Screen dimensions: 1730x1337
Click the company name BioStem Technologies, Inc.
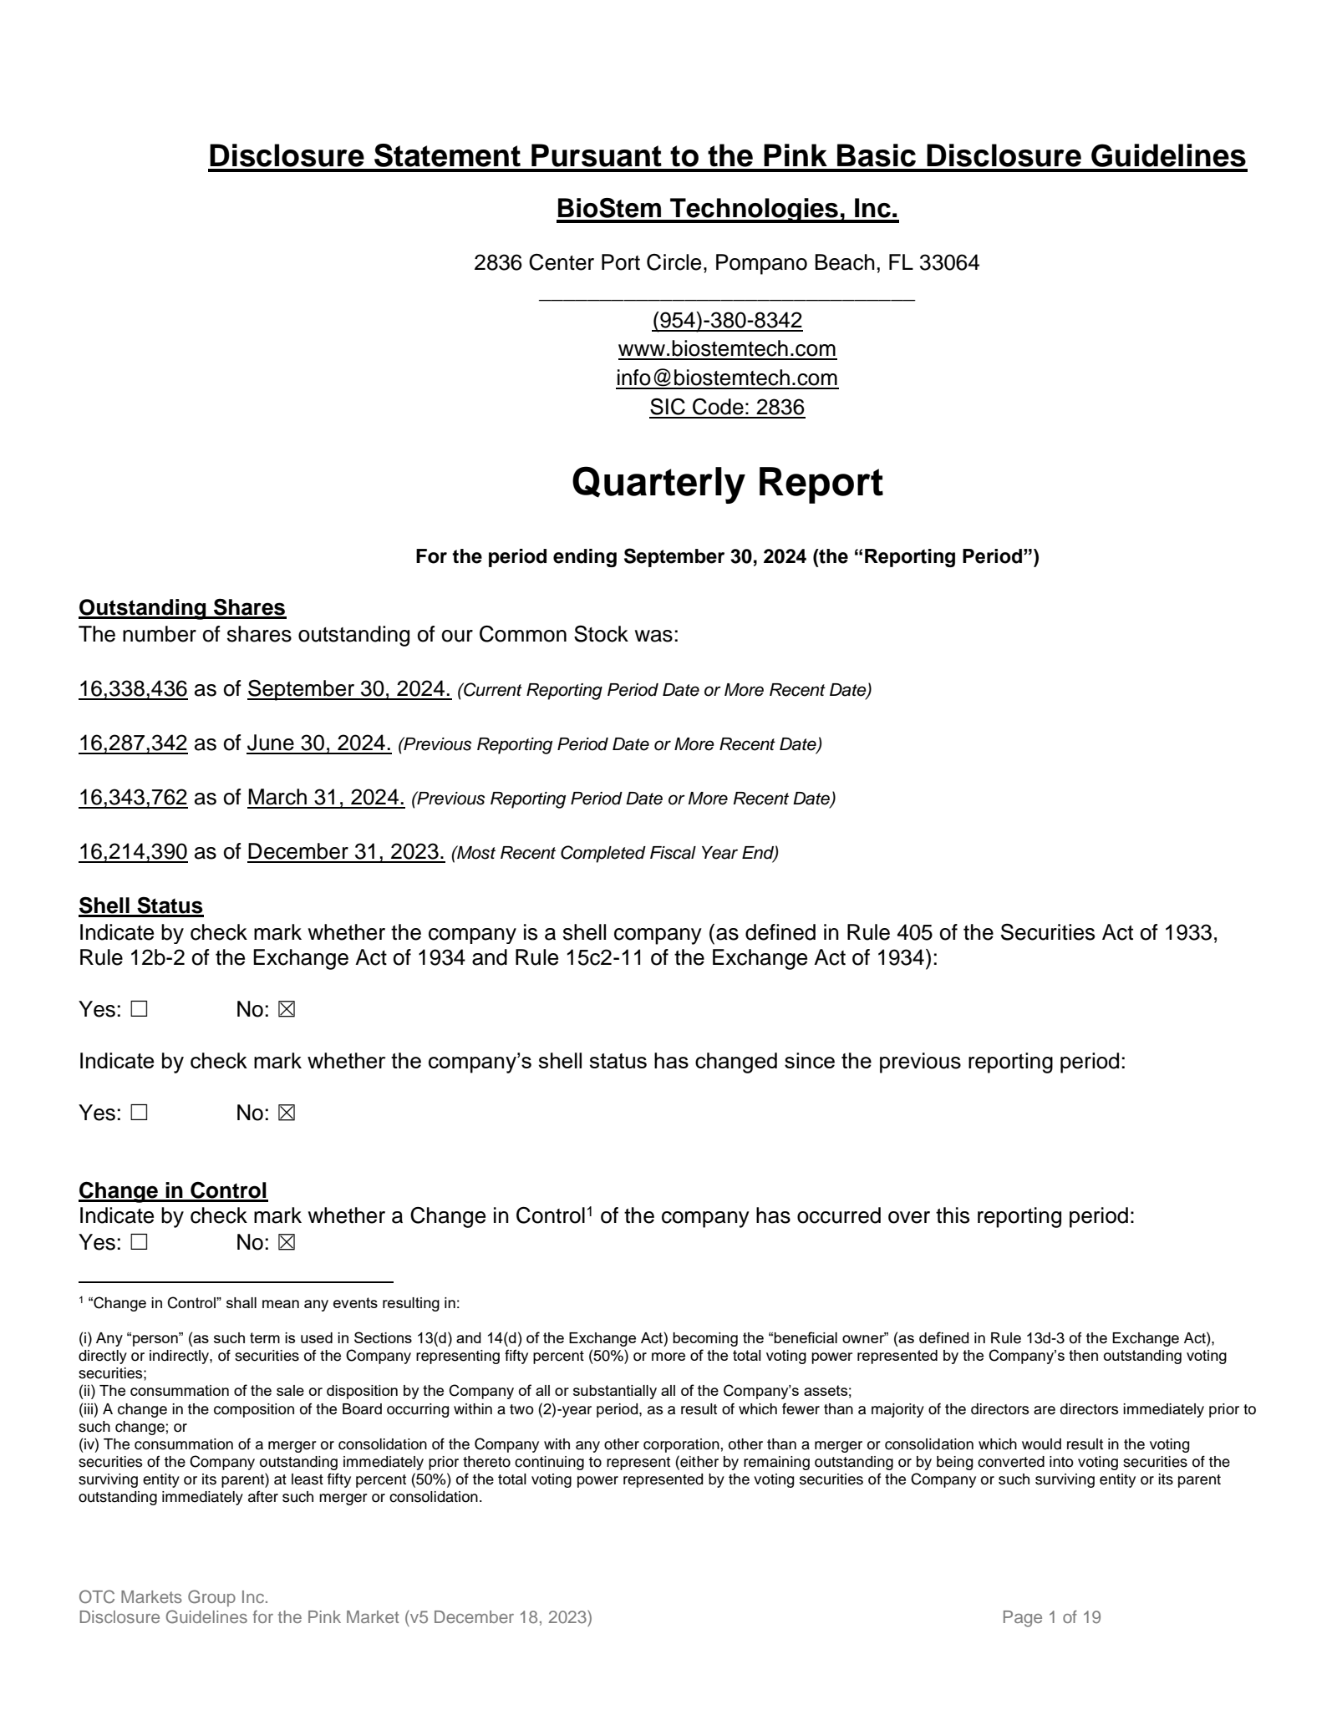727,209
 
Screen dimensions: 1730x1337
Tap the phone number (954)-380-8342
727,320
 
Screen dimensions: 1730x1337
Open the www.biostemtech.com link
727,348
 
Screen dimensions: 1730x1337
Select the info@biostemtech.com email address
727,378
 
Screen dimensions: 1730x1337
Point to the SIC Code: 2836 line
727,407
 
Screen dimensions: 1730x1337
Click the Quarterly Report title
727,483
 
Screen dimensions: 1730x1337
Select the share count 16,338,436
133,688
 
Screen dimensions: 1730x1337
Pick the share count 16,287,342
133,743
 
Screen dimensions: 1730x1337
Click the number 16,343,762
133,797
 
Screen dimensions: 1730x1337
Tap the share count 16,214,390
133,851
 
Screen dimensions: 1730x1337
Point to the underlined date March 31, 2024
326,797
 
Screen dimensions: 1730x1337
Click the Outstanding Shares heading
182,607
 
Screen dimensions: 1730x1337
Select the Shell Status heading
140,906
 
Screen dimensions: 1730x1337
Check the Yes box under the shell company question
139,1009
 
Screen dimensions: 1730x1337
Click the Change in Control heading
173,1190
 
